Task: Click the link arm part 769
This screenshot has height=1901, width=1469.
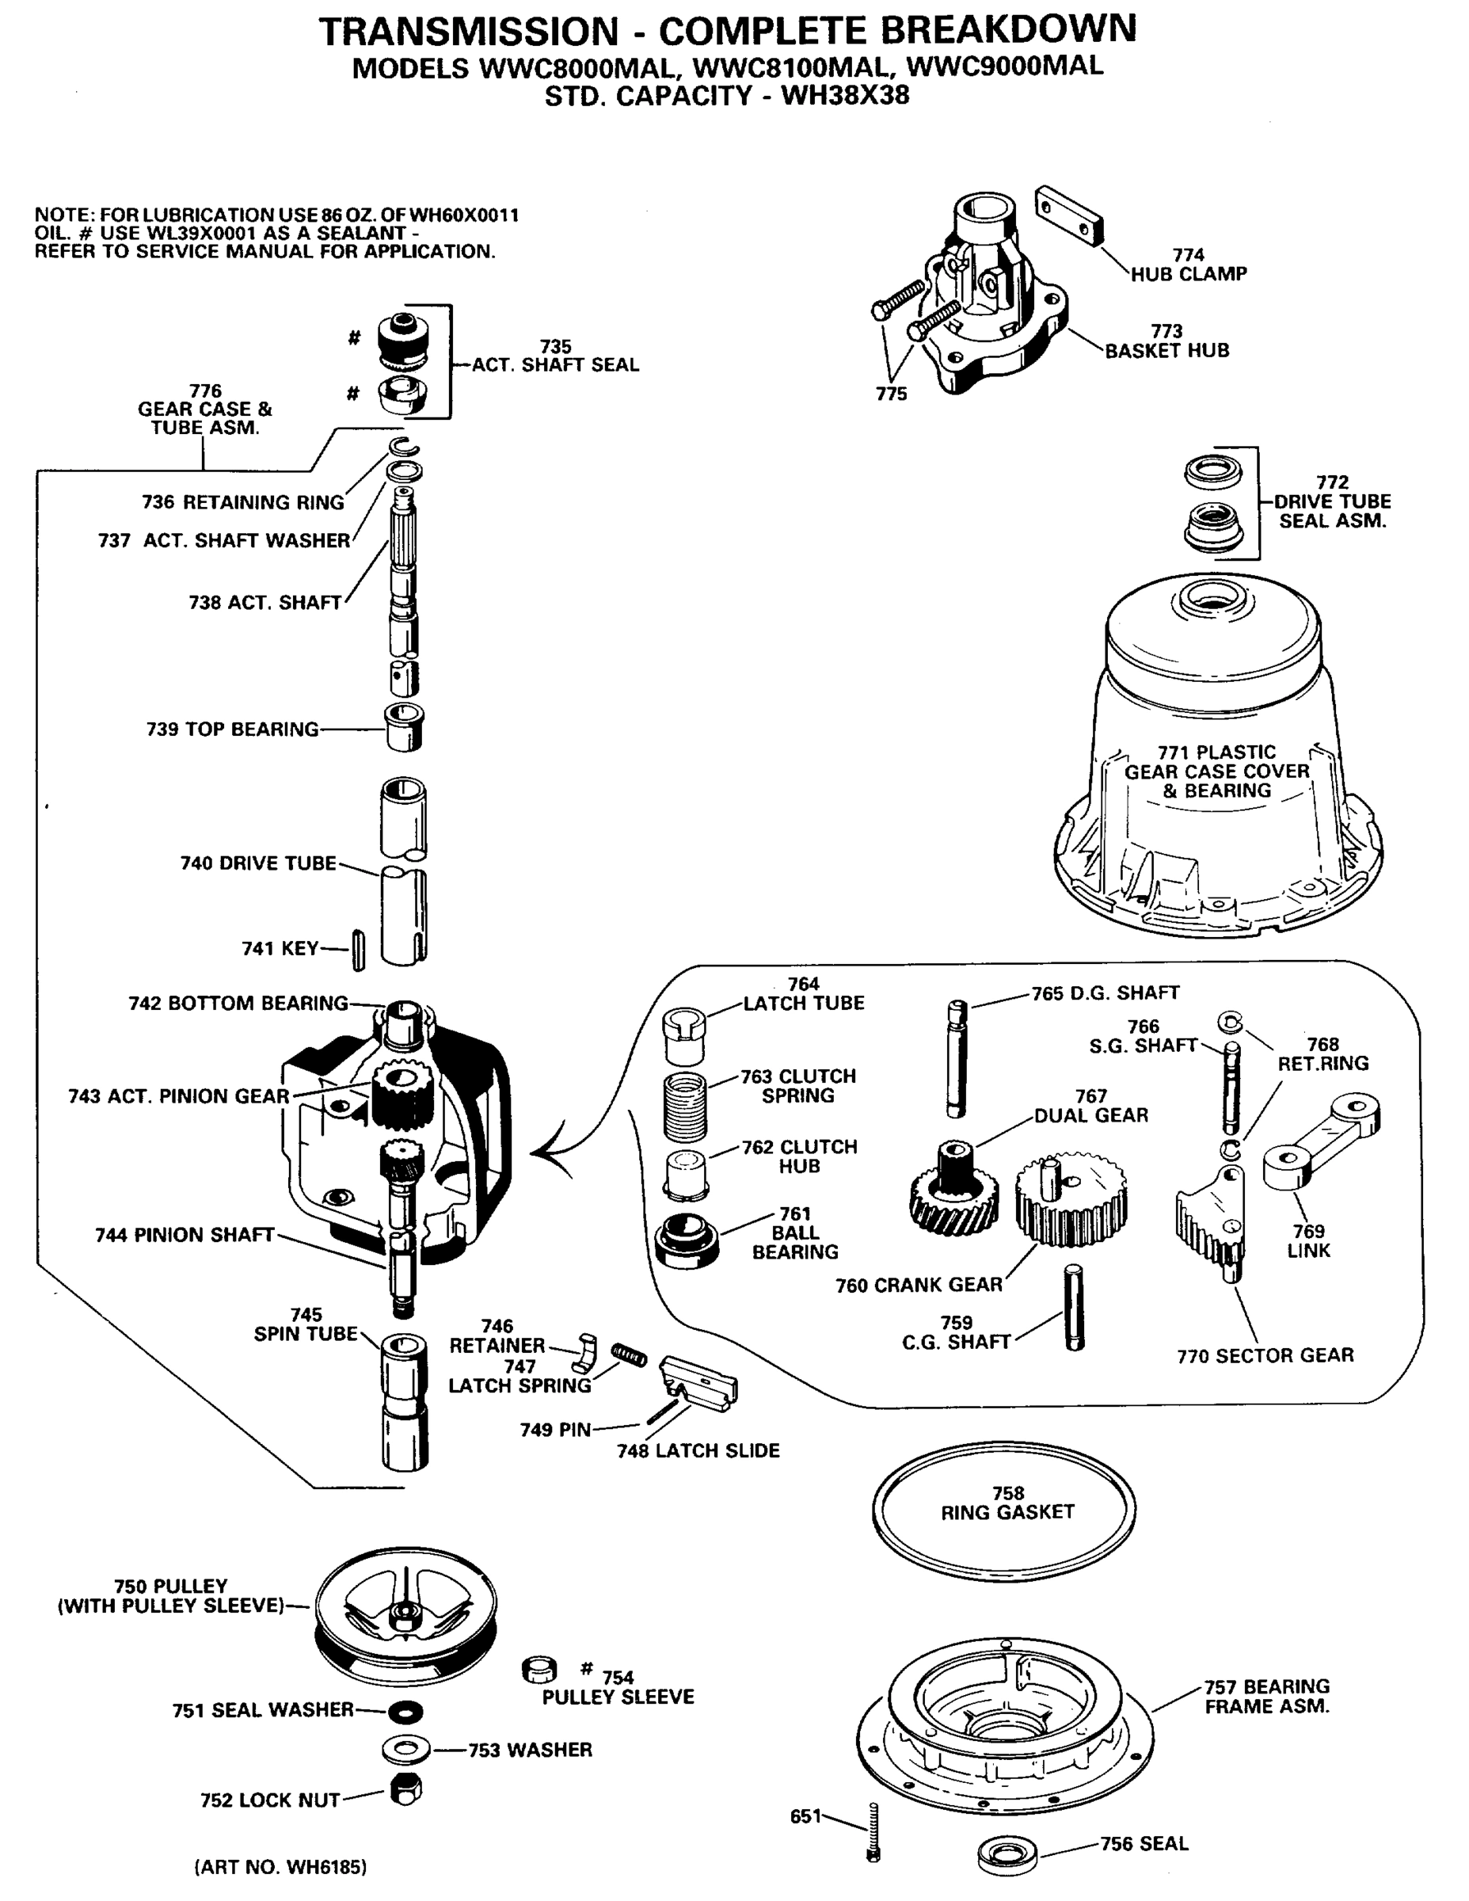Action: coord(1320,1141)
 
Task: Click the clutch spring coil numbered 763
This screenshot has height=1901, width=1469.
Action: coord(685,1105)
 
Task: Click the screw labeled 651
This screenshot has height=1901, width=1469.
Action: coord(873,1831)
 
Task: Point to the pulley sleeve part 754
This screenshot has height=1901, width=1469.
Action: coord(539,1671)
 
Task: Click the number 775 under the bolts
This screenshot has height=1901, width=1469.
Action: coord(891,394)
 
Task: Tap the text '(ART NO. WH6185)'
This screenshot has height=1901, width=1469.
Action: coord(280,1867)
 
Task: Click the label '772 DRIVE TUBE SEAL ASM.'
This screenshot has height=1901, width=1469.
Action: coord(1331,501)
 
